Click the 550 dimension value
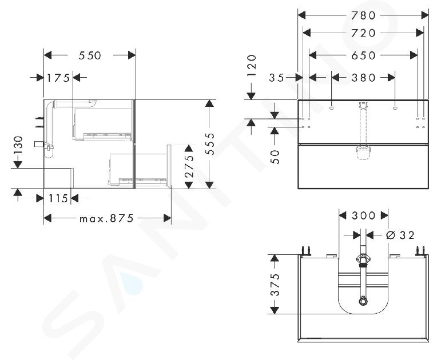click(x=89, y=55)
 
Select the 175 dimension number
click(x=58, y=78)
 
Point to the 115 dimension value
click(x=58, y=199)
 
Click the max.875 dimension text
click(x=106, y=218)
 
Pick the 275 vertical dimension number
click(x=189, y=166)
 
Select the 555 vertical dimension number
click(x=209, y=143)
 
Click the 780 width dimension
click(x=363, y=15)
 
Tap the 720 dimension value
click(x=363, y=33)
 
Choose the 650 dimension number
click(x=363, y=55)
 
